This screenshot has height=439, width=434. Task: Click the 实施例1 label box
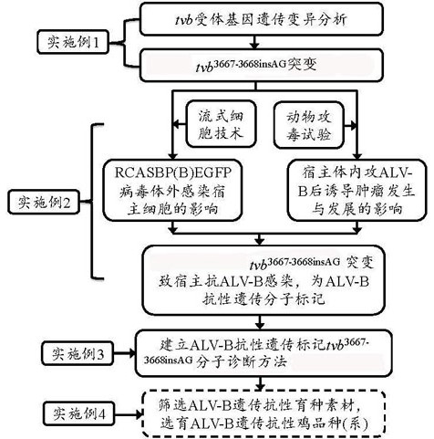[x=73, y=42]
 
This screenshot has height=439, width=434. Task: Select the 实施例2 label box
[x=44, y=202]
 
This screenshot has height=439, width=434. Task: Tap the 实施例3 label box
[x=77, y=353]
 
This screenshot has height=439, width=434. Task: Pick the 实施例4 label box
[x=78, y=413]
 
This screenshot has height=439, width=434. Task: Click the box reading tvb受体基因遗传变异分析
[x=261, y=19]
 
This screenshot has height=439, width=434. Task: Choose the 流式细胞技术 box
[x=221, y=125]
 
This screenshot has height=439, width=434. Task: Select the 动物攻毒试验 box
[x=309, y=125]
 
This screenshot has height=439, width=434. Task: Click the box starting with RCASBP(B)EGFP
[x=172, y=190]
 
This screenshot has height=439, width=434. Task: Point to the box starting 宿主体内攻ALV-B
[x=356, y=190]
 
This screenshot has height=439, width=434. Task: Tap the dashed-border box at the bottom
[x=264, y=414]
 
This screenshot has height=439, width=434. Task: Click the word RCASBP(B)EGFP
[x=173, y=172]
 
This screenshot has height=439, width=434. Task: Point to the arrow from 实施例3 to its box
[x=125, y=353]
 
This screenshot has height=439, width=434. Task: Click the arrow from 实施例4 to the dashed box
[x=129, y=413]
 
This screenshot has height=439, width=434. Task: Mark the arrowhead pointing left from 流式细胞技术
[x=177, y=124]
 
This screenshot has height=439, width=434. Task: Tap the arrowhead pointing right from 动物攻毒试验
[x=353, y=125]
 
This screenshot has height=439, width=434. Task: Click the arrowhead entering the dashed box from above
[x=260, y=388]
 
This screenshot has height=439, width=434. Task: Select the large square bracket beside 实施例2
[x=92, y=201]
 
